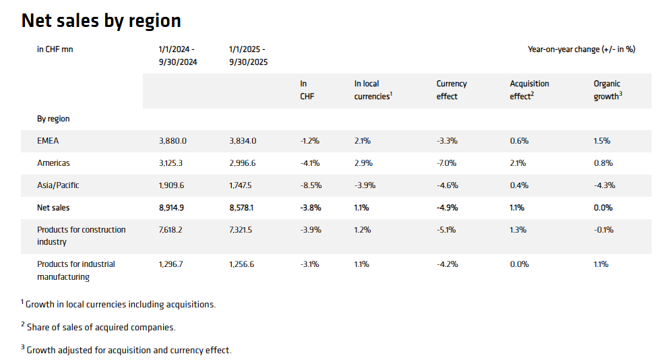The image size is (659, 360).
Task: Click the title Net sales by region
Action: coord(101,21)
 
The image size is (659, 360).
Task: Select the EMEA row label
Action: coord(49,141)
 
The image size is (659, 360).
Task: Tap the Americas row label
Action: coord(53,163)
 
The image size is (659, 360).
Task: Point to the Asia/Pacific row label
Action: coord(58,185)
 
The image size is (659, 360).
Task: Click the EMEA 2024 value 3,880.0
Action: coord(172,141)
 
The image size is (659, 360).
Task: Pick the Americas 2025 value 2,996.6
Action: coord(243,163)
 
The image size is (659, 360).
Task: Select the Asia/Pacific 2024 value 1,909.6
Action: coord(172,185)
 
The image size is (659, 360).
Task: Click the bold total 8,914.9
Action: coord(172,208)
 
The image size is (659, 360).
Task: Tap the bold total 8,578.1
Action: coord(243,208)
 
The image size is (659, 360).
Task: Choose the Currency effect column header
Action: coord(451,90)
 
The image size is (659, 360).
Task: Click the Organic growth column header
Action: coord(607,90)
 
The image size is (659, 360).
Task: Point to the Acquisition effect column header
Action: coord(529,90)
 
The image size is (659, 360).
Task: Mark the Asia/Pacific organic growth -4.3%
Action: coord(604,185)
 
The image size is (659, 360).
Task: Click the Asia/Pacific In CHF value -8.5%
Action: coord(309,185)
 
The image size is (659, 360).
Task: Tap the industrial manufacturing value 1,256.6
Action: coord(243,264)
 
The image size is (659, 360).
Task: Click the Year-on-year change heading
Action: coord(581,49)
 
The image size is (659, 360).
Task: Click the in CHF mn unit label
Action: coord(55,49)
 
